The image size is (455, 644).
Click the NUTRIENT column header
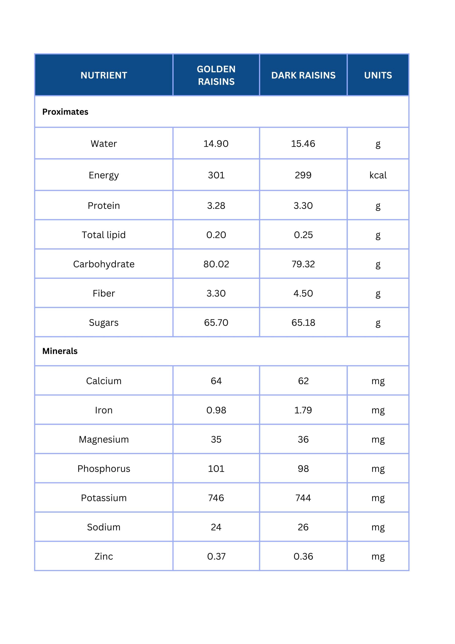[104, 75]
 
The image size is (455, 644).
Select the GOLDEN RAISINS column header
[216, 75]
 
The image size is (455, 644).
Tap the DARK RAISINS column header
[303, 75]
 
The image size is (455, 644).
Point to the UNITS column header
[378, 75]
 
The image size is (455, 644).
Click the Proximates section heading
[65, 112]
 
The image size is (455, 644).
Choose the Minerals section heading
[60, 351]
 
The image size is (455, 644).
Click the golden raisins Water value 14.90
[216, 144]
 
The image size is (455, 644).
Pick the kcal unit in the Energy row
[378, 175]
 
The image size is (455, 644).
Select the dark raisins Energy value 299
[303, 175]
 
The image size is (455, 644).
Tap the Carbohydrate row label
[104, 264]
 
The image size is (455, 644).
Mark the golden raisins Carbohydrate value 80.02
[216, 264]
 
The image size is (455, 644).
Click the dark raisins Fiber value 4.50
[303, 293]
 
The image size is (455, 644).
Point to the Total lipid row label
[104, 235]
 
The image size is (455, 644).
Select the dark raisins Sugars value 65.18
[303, 323]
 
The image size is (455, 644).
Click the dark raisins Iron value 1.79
[303, 410]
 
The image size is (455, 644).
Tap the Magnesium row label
[104, 439]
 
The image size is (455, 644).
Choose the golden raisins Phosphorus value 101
[216, 468]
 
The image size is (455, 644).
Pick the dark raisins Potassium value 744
[303, 498]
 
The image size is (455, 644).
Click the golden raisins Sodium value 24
[216, 527]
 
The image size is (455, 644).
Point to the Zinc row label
[104, 556]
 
